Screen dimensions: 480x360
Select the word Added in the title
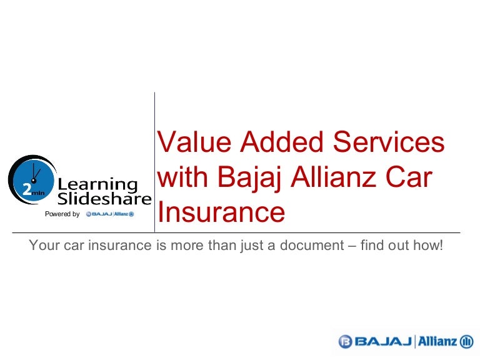click(282, 141)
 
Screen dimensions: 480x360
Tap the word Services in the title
click(389, 141)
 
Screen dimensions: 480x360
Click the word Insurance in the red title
click(221, 211)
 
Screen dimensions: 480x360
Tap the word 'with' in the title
click(182, 176)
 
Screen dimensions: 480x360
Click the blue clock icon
click(32, 180)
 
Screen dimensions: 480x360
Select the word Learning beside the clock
click(97, 185)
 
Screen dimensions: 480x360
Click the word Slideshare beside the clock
click(104, 199)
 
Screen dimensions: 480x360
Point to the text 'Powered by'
click(62, 214)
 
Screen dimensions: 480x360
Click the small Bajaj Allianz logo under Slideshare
click(110, 214)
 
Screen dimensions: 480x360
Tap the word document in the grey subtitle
click(312, 245)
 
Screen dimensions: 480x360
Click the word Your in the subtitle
click(44, 245)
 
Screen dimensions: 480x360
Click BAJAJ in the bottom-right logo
click(383, 341)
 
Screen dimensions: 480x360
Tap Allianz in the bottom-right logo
click(437, 341)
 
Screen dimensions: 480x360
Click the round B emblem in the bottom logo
click(345, 341)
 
